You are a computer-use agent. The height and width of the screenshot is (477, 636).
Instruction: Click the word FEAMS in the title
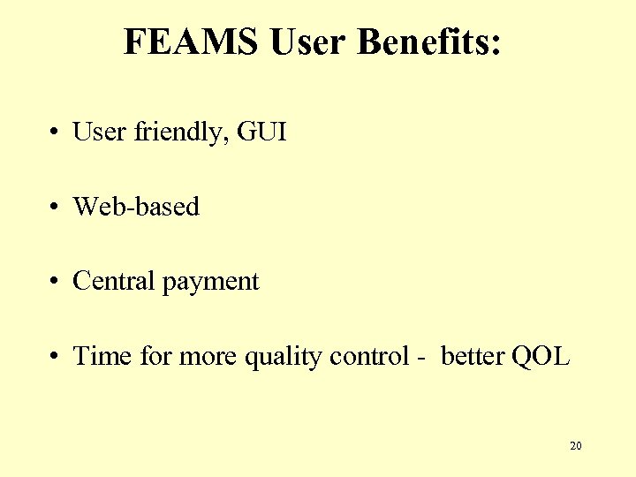click(192, 42)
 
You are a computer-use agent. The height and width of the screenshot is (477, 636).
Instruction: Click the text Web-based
click(136, 207)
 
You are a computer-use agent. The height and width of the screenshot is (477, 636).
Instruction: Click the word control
click(363, 356)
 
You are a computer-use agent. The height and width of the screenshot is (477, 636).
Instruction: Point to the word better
click(473, 356)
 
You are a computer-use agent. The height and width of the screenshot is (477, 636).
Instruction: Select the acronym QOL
click(541, 356)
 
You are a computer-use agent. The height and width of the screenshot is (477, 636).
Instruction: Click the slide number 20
click(575, 446)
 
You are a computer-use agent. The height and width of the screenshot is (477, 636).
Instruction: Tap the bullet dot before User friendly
click(55, 133)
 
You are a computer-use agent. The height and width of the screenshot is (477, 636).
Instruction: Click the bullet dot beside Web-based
click(55, 208)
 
